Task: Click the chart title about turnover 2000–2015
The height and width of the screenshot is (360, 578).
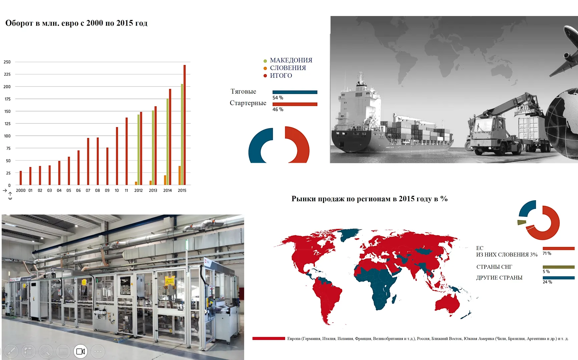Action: pos(76,23)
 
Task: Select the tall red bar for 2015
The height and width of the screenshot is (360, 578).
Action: pos(184,125)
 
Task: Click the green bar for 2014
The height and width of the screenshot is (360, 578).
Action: pos(168,142)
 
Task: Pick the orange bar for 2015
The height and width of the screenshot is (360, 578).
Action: pos(180,175)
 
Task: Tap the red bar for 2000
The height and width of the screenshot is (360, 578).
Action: pos(21,178)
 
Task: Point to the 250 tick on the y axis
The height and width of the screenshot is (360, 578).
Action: pos(7,62)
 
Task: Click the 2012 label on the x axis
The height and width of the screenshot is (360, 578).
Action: pos(138,191)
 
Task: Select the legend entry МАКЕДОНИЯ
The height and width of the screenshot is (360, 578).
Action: pos(291,60)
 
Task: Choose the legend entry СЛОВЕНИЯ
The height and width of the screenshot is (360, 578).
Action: pos(287,68)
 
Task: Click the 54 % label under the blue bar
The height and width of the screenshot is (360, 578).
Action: pos(278,98)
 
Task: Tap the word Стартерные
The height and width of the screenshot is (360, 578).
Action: pos(248,103)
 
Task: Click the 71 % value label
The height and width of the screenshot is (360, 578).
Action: pos(547,254)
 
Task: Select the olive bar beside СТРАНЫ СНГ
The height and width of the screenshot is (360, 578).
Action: pos(559,267)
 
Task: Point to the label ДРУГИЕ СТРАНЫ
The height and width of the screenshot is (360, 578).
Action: pos(499,278)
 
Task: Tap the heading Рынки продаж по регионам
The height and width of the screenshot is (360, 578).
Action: pos(370,199)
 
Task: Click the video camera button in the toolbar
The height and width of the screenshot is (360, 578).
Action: pos(80,351)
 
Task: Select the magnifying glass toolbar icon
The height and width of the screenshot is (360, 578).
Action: pos(46,351)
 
